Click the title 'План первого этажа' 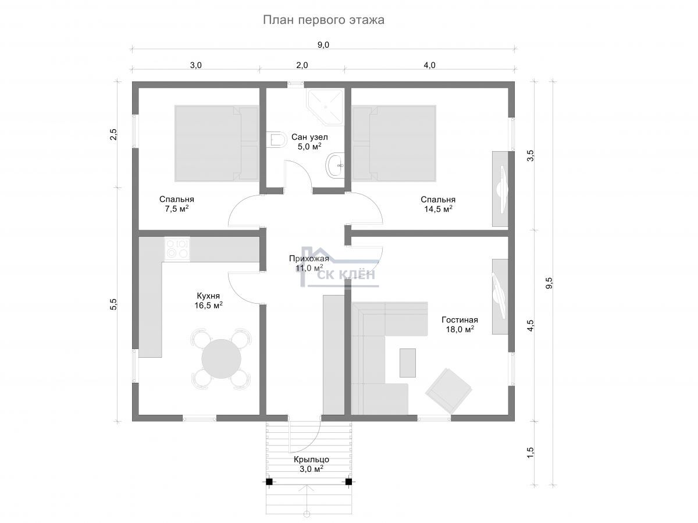tap(323, 20)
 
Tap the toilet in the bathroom tap(276, 139)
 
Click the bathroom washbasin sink tap(335, 165)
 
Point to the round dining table tap(222, 358)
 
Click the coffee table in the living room tap(407, 363)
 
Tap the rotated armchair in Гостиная tap(448, 391)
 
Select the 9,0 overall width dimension tap(323, 45)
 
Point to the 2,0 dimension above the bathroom tap(302, 66)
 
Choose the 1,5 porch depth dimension tap(530, 453)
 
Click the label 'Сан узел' tap(309, 137)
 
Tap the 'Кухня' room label tap(208, 296)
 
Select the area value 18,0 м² tap(460, 329)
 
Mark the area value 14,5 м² tap(438, 209)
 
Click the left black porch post tap(269, 482)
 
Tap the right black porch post tap(348, 482)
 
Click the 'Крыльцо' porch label tap(311, 460)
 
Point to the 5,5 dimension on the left tap(113, 304)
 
